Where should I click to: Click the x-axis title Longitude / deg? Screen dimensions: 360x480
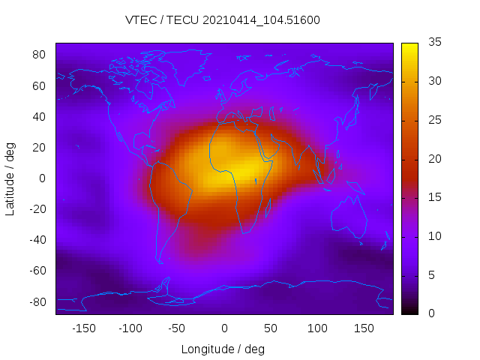point(223,349)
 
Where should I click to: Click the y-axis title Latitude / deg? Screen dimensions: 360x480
point(10,178)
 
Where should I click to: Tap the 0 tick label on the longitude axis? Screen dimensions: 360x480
point(223,328)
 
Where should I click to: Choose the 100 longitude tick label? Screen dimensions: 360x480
point(317,328)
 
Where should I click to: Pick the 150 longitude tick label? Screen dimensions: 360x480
point(364,328)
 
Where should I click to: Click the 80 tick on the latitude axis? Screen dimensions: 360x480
point(40,55)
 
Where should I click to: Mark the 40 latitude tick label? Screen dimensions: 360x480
point(40,116)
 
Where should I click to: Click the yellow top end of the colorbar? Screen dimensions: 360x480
point(409,46)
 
